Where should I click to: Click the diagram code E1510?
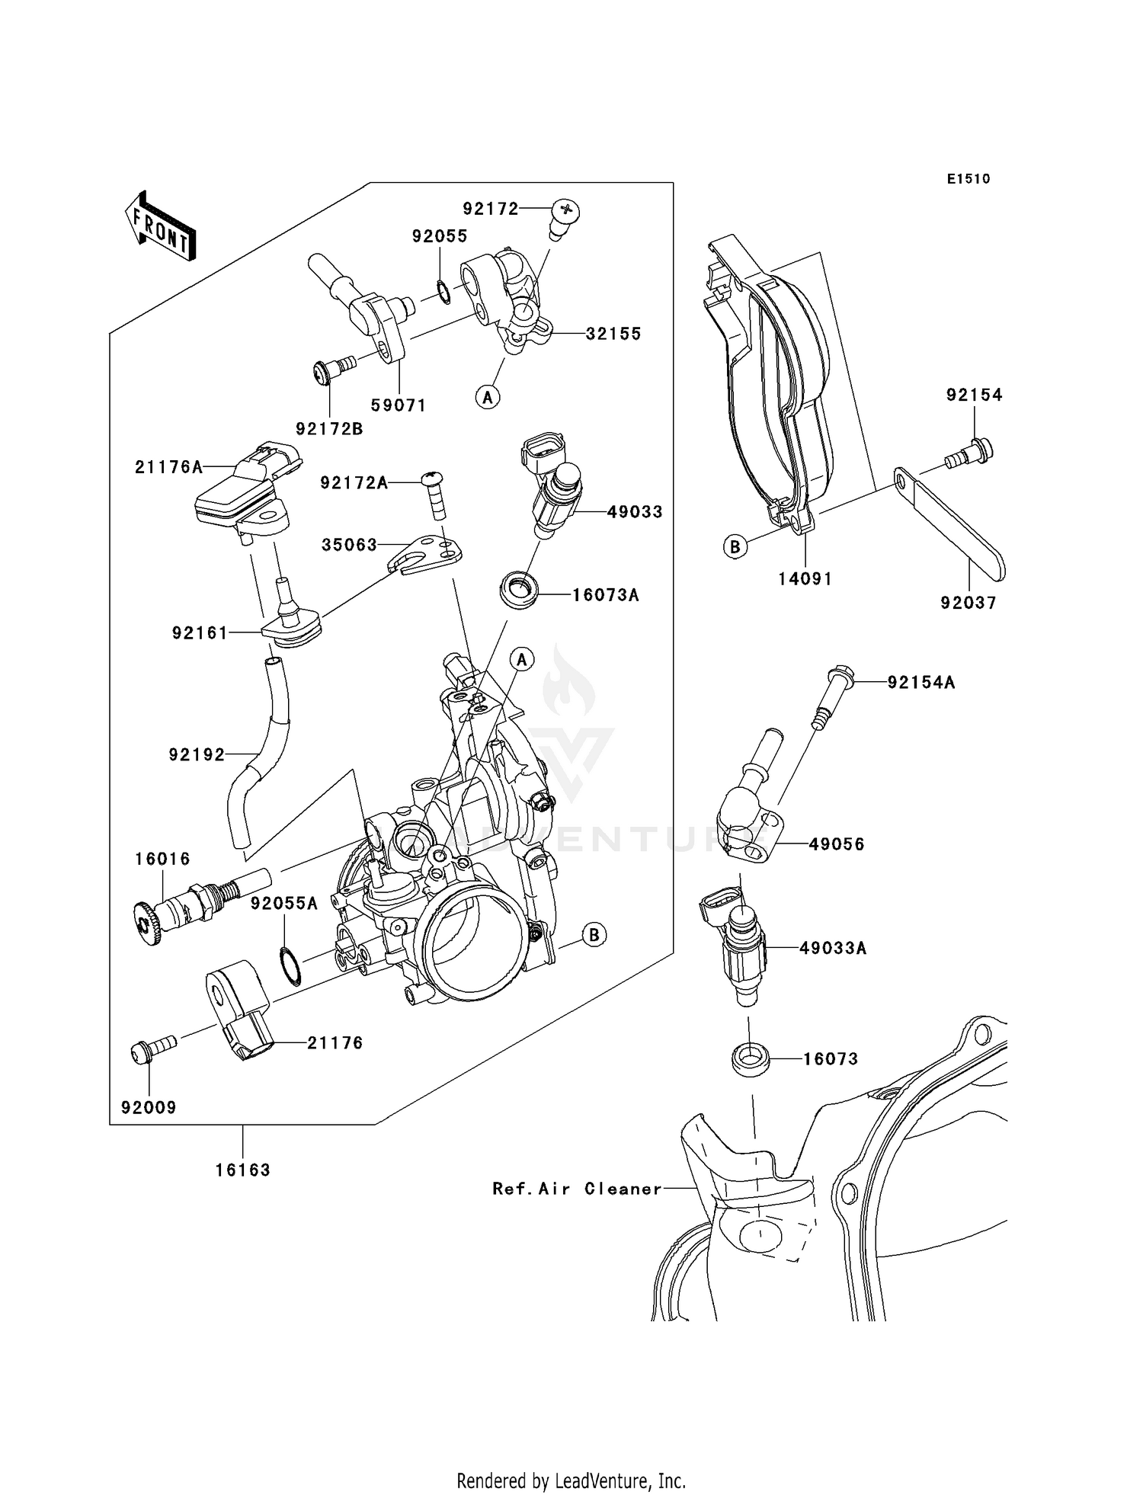tap(969, 179)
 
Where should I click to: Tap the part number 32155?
tap(613, 334)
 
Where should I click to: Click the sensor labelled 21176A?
tap(248, 488)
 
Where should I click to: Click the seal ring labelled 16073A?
tap(519, 588)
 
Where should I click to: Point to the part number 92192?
tap(197, 754)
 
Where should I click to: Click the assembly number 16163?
tap(243, 1170)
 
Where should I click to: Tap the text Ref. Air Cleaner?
tap(577, 1189)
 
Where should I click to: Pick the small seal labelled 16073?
tap(750, 1058)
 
